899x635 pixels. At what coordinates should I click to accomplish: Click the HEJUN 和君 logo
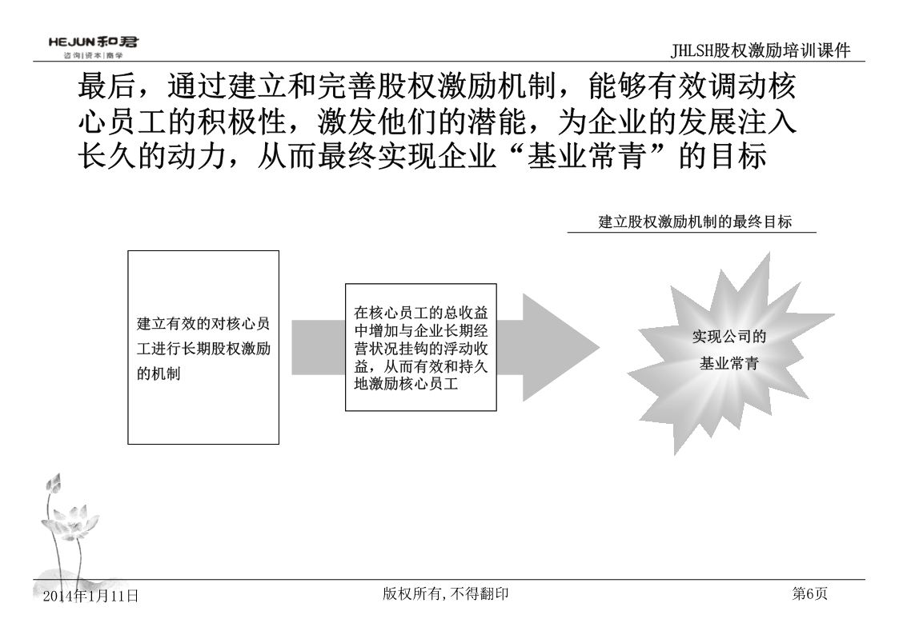click(94, 42)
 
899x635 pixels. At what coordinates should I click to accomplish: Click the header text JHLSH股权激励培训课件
click(761, 50)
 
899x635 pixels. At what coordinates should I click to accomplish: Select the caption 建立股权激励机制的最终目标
click(695, 222)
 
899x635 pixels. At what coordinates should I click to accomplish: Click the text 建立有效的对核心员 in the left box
click(203, 324)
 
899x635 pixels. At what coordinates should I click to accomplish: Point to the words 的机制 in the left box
click(159, 374)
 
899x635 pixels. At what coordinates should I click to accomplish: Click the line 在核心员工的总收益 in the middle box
click(421, 313)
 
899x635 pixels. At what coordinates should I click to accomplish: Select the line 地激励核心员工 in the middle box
click(406, 384)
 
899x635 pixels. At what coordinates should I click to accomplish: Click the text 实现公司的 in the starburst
click(729, 336)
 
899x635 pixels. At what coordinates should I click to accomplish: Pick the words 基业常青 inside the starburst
click(729, 363)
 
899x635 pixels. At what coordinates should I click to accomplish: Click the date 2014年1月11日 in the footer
click(91, 596)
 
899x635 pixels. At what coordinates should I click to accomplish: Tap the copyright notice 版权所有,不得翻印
click(445, 593)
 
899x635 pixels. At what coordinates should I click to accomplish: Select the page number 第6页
click(809, 593)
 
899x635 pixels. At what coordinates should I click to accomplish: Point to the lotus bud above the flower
click(54, 485)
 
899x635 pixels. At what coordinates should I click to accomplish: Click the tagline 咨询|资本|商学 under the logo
click(94, 55)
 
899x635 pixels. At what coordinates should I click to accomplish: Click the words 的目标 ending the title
click(723, 156)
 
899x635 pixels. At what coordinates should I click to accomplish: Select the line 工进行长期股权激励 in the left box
click(203, 349)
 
